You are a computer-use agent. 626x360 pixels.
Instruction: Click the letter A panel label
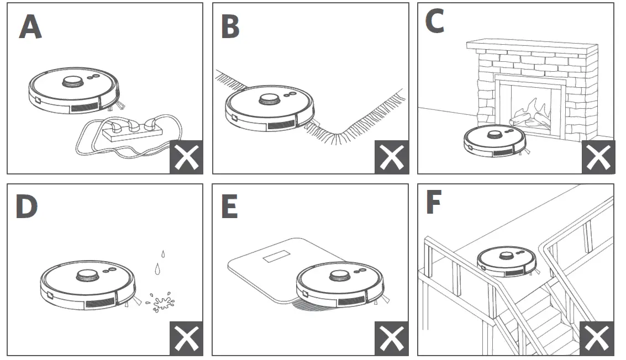coord(30,27)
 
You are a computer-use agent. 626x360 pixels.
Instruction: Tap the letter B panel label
coord(230,27)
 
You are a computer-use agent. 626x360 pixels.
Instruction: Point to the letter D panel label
coord(27,207)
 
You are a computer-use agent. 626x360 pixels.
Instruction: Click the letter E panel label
coord(229,207)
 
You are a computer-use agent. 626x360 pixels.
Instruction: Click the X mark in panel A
coord(186,157)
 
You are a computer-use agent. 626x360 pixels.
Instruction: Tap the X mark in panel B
coord(392,157)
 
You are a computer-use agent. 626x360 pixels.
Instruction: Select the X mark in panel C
coord(598,157)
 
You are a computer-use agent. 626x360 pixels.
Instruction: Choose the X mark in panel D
coord(186,338)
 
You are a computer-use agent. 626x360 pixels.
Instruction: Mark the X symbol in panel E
coord(392,338)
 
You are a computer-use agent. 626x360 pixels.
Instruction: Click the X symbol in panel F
coord(597,338)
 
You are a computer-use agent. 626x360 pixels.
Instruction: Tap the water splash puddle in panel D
coord(160,302)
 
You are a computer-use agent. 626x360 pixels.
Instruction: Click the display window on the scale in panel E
coord(276,256)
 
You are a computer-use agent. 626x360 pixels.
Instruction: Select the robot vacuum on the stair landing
coord(507,261)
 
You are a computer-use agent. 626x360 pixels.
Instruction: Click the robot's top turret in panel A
coord(73,81)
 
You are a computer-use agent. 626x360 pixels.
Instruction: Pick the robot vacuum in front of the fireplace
coord(495,141)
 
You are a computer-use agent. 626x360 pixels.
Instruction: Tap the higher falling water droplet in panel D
coord(163,254)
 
